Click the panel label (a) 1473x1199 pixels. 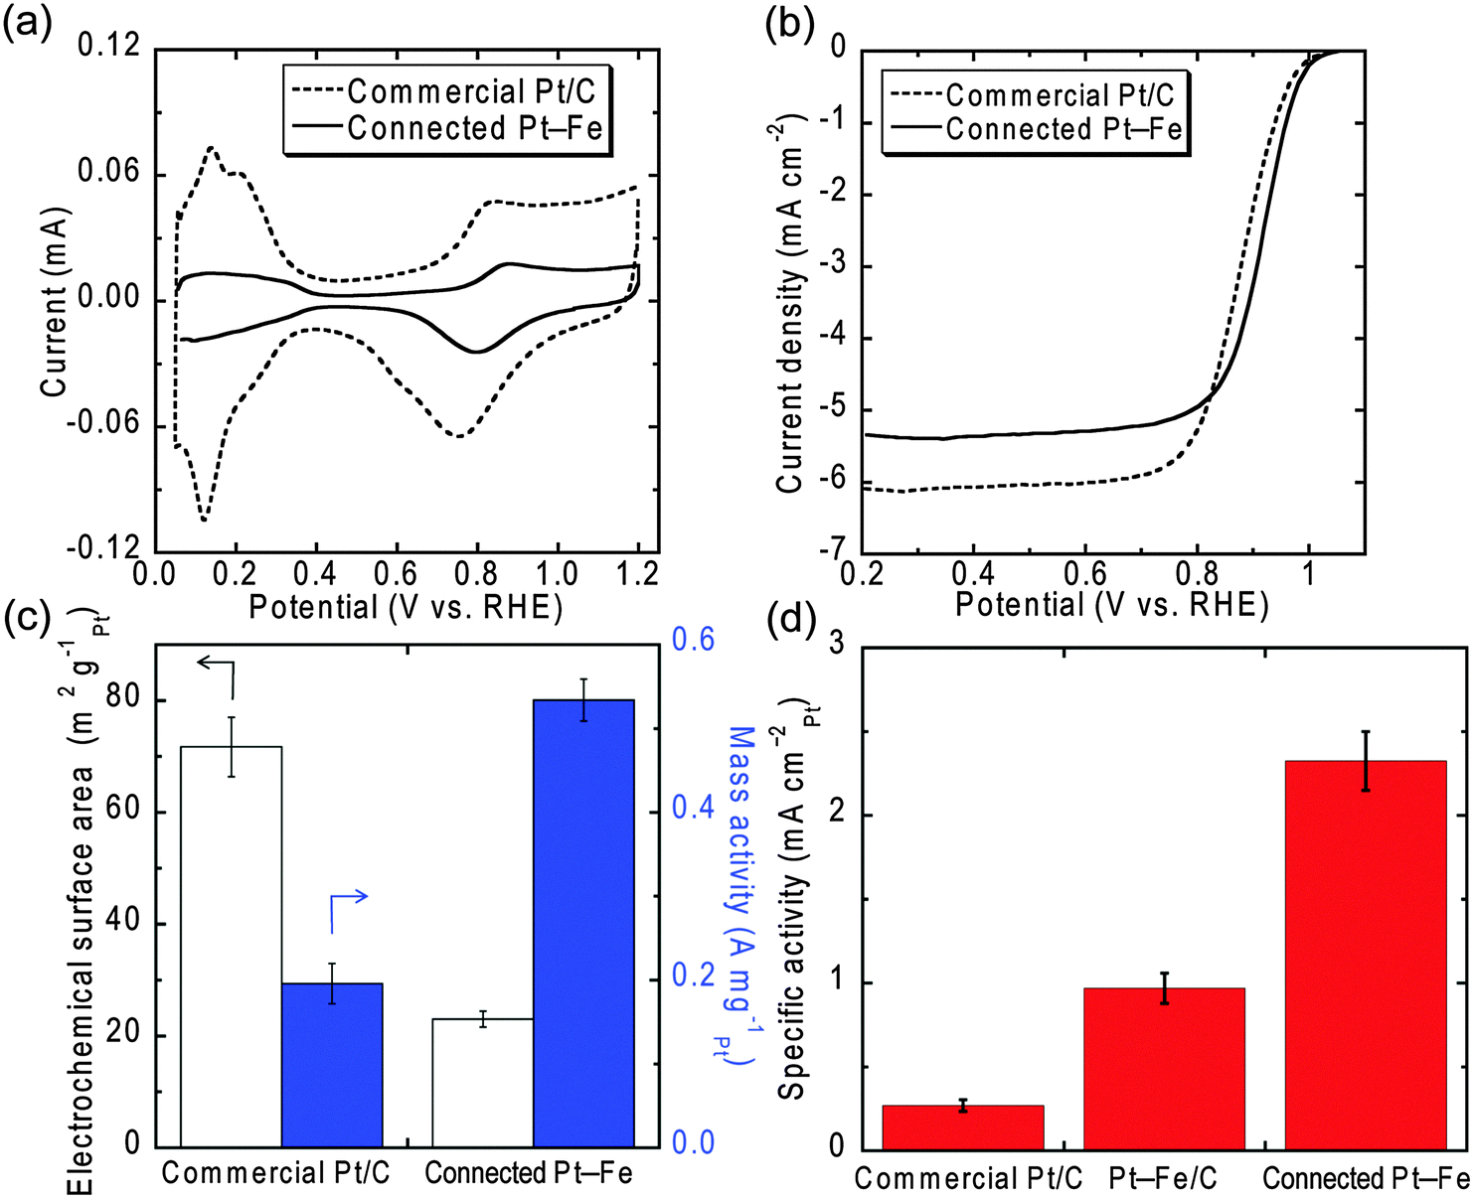27,22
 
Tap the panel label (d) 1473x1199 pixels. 791,620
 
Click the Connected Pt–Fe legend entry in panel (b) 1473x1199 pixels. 1034,129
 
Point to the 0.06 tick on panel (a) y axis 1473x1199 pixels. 108,174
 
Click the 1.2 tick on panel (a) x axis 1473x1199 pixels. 636,573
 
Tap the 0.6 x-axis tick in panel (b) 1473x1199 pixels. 1084,573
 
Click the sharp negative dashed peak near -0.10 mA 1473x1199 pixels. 204,519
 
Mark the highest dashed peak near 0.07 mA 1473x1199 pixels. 212,148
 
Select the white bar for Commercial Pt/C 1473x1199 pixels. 231,944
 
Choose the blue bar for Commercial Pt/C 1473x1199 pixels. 332,1063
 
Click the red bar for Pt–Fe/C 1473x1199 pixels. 1163,1068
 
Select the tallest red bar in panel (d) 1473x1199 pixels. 1365,954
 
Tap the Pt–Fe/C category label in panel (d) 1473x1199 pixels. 1163,1178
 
